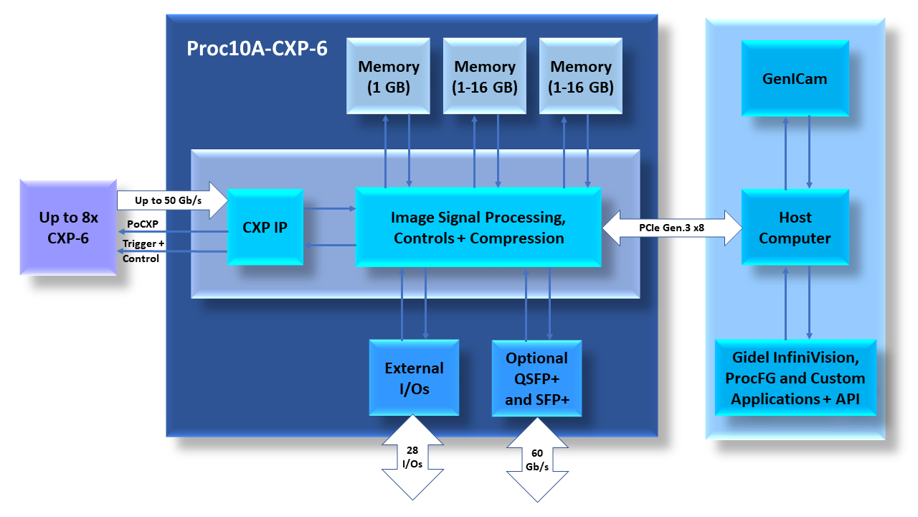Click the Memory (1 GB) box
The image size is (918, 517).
[x=389, y=76]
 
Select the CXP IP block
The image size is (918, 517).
[x=265, y=228]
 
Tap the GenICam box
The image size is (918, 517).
[x=795, y=78]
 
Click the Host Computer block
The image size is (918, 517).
[x=795, y=228]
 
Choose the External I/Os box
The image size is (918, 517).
[x=414, y=378]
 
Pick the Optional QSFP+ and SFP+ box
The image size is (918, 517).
[x=536, y=378]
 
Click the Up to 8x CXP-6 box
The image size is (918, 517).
[x=68, y=228]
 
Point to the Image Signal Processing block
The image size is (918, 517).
[x=478, y=227]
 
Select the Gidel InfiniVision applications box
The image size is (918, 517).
[x=795, y=378]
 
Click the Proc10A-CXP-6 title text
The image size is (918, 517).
[x=257, y=49]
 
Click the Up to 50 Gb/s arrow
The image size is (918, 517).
[x=169, y=200]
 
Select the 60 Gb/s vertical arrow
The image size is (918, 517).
[x=537, y=460]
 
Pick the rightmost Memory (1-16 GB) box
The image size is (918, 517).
[x=581, y=76]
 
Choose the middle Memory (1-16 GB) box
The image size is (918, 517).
[x=485, y=76]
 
